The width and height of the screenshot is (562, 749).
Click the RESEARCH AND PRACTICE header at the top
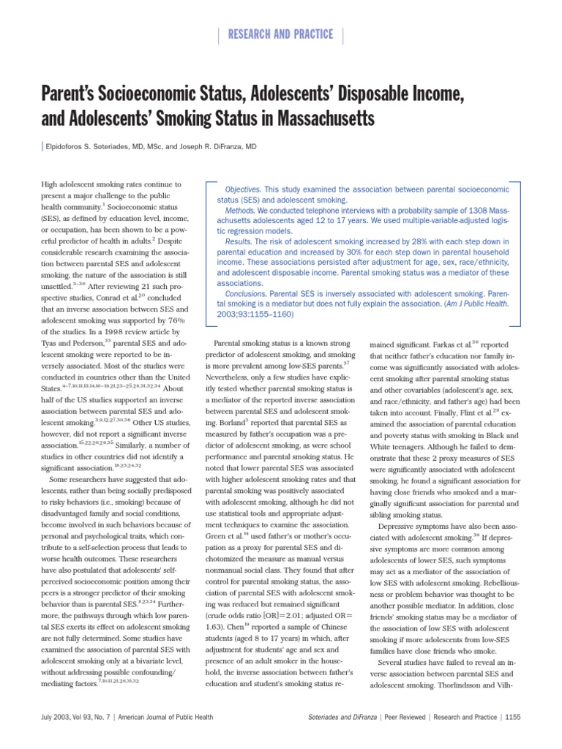pos(281,34)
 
